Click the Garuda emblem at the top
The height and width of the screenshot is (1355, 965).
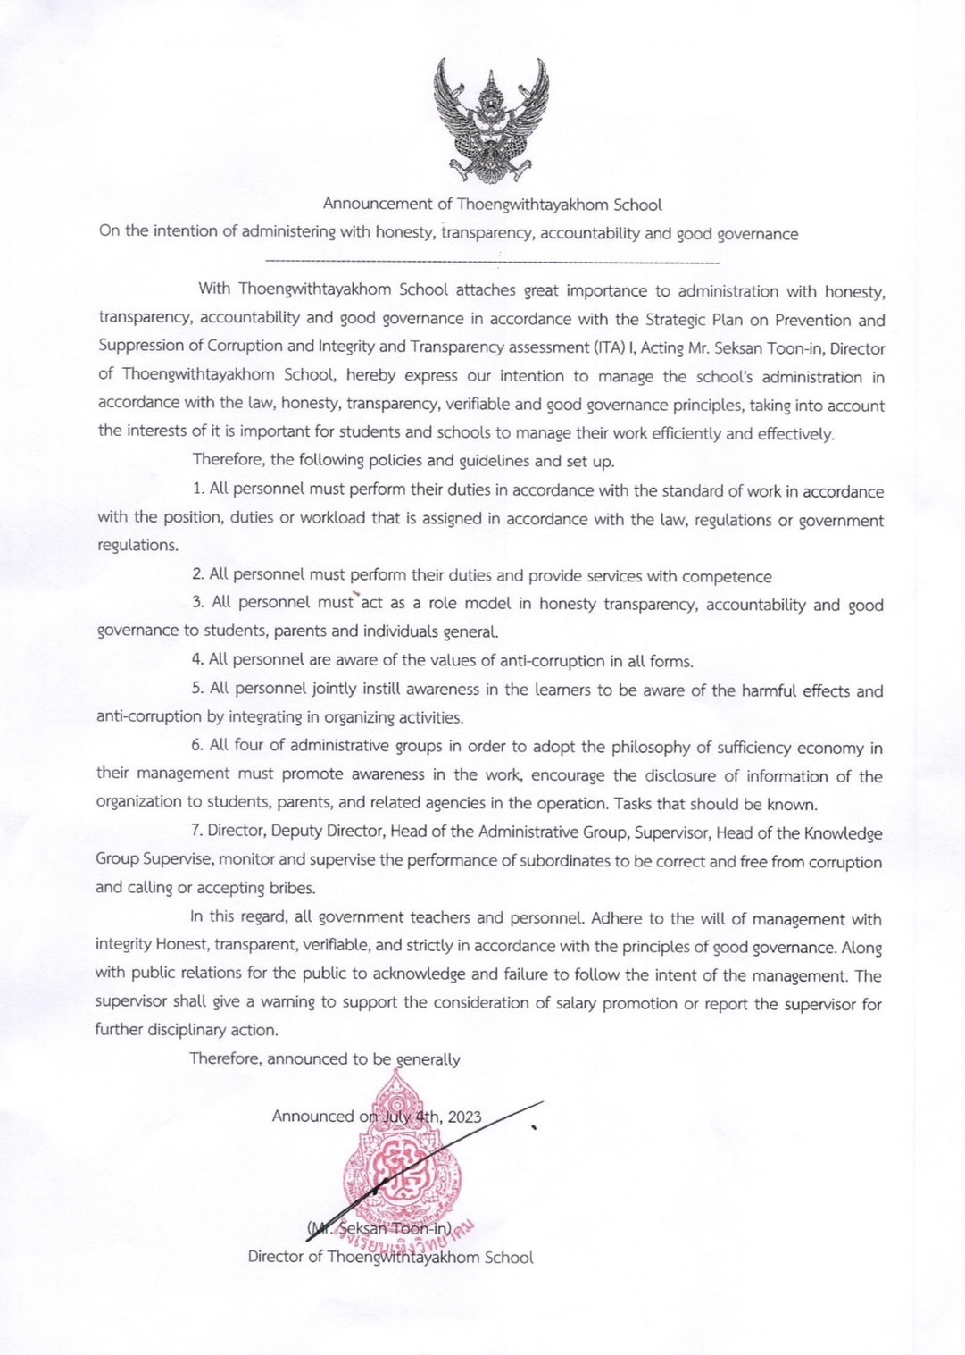point(490,120)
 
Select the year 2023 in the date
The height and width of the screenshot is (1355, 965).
point(464,1117)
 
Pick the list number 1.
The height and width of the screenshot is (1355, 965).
point(197,489)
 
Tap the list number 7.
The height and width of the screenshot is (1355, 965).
point(196,830)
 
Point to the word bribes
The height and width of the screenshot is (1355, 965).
point(292,888)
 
